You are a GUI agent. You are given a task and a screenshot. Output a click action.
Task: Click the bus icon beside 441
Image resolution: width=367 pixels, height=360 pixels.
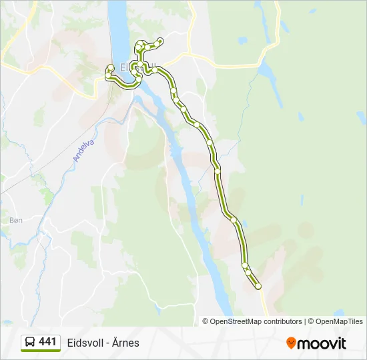tap(30, 343)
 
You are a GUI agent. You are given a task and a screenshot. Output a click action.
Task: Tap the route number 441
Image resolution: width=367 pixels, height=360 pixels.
tap(47, 342)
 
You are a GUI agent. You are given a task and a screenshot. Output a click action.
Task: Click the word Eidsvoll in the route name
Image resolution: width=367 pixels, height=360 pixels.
tap(85, 343)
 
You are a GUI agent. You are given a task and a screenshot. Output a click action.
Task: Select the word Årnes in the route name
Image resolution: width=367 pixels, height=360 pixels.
tap(125, 343)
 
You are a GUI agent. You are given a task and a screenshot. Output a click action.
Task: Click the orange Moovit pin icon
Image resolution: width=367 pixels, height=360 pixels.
tap(291, 343)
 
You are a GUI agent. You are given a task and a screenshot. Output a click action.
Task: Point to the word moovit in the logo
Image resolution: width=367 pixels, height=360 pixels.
tap(322, 343)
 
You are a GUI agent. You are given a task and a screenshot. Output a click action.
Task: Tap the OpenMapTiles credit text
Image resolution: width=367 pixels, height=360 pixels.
tap(339, 321)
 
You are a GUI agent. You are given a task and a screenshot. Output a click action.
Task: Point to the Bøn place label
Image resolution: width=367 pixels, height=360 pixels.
tap(16, 219)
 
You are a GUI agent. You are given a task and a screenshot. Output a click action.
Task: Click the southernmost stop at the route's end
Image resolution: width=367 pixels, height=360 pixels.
tap(258, 287)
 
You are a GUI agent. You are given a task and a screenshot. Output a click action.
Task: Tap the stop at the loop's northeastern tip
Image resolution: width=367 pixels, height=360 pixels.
tap(160, 41)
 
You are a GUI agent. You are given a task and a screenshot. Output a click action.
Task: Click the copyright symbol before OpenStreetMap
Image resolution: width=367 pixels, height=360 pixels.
tap(206, 321)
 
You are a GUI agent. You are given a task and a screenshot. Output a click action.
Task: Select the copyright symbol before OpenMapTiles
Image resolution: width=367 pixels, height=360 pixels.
tap(312, 321)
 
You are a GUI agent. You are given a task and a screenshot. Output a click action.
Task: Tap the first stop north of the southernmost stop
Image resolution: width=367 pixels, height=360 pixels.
tap(248, 272)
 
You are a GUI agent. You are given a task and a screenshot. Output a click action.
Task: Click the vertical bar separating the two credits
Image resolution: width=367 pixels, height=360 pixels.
tap(305, 321)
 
